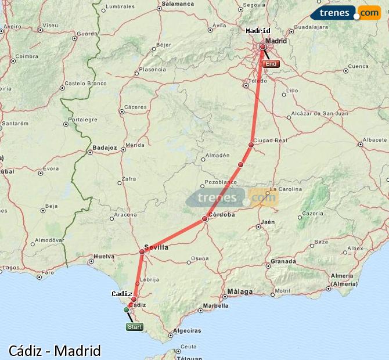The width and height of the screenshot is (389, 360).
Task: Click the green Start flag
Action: click(134, 327)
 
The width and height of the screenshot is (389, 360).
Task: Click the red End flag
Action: click(271, 64)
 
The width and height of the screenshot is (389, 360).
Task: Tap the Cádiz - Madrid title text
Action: click(55, 351)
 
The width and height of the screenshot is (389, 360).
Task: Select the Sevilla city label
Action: click(156, 247)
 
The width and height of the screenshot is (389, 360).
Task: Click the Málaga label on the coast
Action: click(240, 291)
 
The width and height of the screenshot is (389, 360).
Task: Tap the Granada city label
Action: click(283, 261)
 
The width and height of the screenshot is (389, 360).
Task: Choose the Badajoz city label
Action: click(105, 148)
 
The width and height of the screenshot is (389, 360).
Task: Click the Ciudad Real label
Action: click(271, 141)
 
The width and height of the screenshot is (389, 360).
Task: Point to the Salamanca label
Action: click(178, 3)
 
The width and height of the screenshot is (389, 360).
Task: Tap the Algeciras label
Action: click(188, 330)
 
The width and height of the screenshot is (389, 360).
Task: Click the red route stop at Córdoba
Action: click(205, 219)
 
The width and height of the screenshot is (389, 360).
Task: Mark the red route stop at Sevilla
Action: click(142, 251)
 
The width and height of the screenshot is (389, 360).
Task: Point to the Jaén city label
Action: click(268, 222)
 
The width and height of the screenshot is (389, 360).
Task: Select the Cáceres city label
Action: click(135, 107)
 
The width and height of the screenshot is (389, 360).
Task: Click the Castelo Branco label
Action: click(85, 84)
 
